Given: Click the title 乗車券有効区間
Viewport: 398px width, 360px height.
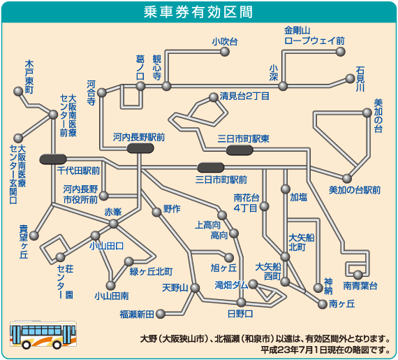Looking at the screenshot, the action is pyautogui.click(x=198, y=12).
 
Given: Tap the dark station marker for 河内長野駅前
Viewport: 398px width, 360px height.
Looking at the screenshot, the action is pyautogui.click(x=140, y=148).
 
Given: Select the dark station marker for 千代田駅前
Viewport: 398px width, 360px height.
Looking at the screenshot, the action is pyautogui.click(x=53, y=159).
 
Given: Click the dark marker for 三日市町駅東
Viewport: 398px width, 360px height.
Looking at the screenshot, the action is pyautogui.click(x=239, y=150).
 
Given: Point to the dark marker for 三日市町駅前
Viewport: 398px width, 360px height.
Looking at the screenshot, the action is pyautogui.click(x=211, y=168).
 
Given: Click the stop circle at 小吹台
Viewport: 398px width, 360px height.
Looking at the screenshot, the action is pyautogui.click(x=225, y=52).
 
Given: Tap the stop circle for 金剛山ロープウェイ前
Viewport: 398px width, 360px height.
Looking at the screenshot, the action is pyautogui.click(x=341, y=52).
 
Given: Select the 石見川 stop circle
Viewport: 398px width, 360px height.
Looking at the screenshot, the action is pyautogui.click(x=350, y=79).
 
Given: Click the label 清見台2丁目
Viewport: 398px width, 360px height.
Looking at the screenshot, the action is pyautogui.click(x=244, y=96).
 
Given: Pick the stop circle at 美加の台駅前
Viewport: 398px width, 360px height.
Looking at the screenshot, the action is pyautogui.click(x=347, y=179).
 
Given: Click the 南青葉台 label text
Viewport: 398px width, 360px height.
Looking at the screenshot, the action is pyautogui.click(x=360, y=286).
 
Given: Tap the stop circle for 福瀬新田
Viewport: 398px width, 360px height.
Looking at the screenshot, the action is pyautogui.click(x=161, y=314).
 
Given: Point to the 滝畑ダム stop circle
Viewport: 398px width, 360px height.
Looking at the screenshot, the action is pyautogui.click(x=253, y=284).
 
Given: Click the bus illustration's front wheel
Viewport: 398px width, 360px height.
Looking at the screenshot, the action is pyautogui.click(x=26, y=345).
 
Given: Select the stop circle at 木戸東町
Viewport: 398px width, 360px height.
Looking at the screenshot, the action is pyautogui.click(x=18, y=92).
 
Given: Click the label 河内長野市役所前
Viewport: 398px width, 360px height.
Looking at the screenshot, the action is pyautogui.click(x=80, y=194).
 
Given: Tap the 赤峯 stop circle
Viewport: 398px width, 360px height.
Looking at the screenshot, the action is pyautogui.click(x=113, y=224).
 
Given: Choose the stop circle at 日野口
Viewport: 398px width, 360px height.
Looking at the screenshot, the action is pyautogui.click(x=242, y=302).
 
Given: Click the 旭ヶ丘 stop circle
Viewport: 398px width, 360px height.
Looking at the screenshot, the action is pyautogui.click(x=229, y=258).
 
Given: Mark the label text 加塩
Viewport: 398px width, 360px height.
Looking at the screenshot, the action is pyautogui.click(x=299, y=197).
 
